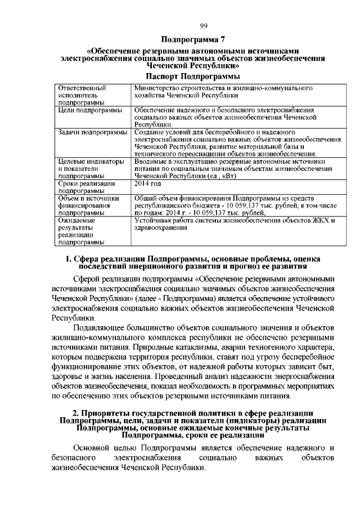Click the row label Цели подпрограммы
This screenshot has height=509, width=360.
[x=90, y=110]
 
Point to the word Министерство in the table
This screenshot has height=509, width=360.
[x=156, y=88]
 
